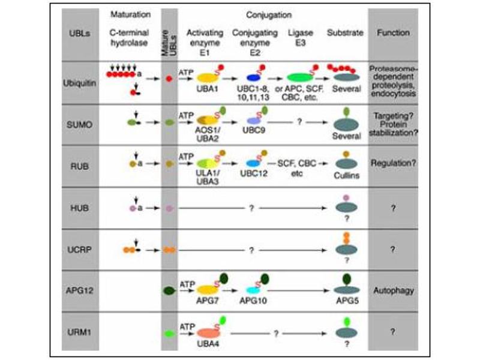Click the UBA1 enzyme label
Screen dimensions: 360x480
coord(206,88)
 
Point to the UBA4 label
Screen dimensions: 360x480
coord(206,344)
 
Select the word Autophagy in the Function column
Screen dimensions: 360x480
coord(393,290)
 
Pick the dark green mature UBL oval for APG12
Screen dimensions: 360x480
coord(170,290)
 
